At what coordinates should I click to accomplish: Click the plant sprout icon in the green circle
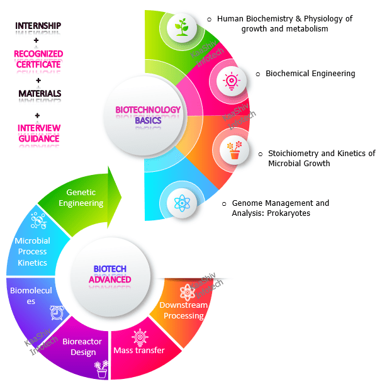(181, 27)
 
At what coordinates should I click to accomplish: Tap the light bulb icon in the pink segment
(230, 81)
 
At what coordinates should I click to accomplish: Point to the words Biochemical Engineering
(310, 74)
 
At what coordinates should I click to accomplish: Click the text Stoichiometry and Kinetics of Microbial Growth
(321, 158)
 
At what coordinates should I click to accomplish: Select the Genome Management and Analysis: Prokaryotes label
(280, 208)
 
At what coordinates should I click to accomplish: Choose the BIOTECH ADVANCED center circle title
(109, 274)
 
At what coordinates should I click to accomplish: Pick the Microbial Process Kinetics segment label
(33, 252)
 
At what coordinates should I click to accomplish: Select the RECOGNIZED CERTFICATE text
(38, 59)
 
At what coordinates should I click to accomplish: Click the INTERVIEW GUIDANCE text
(39, 133)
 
